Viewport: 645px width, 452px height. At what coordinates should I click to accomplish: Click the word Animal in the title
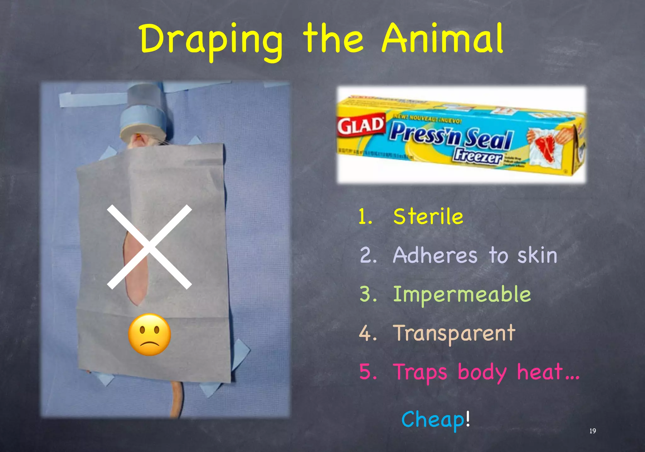(442, 39)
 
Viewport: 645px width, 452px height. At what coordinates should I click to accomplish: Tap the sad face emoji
(150, 335)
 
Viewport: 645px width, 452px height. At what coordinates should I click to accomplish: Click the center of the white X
(149, 247)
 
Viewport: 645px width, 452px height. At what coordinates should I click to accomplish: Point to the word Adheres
(435, 255)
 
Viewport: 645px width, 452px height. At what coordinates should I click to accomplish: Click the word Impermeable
(462, 295)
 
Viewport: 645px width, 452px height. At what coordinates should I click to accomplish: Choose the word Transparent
(454, 333)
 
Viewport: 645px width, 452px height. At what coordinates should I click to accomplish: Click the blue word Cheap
(433, 420)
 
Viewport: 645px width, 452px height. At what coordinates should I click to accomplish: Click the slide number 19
(592, 431)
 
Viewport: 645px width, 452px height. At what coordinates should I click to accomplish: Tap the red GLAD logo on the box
(361, 126)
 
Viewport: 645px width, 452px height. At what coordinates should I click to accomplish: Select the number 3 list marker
(368, 295)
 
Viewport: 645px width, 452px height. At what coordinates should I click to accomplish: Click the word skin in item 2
(537, 255)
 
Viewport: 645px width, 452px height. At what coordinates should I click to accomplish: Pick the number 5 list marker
(368, 372)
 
